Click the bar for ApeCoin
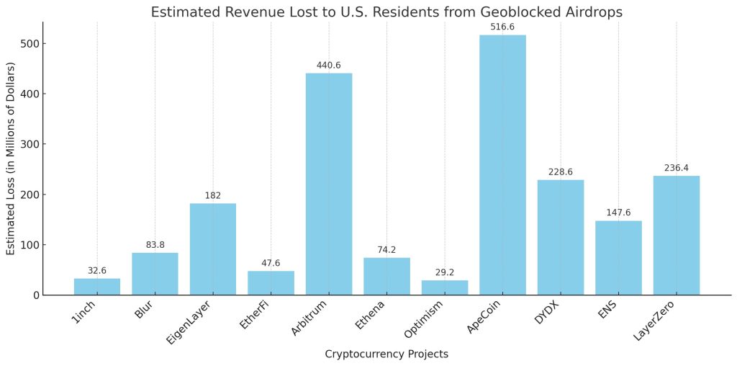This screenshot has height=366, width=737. click(502, 165)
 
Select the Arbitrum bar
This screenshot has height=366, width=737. click(329, 184)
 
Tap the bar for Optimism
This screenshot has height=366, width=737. click(445, 287)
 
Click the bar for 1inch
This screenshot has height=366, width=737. click(97, 286)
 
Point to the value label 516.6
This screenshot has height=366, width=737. click(502, 27)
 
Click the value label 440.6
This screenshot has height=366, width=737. click(329, 65)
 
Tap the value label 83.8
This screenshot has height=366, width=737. click(155, 244)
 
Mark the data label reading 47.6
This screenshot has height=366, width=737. click(271, 263)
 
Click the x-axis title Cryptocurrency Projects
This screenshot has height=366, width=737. click(386, 354)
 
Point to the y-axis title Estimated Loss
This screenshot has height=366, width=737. click(11, 159)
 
